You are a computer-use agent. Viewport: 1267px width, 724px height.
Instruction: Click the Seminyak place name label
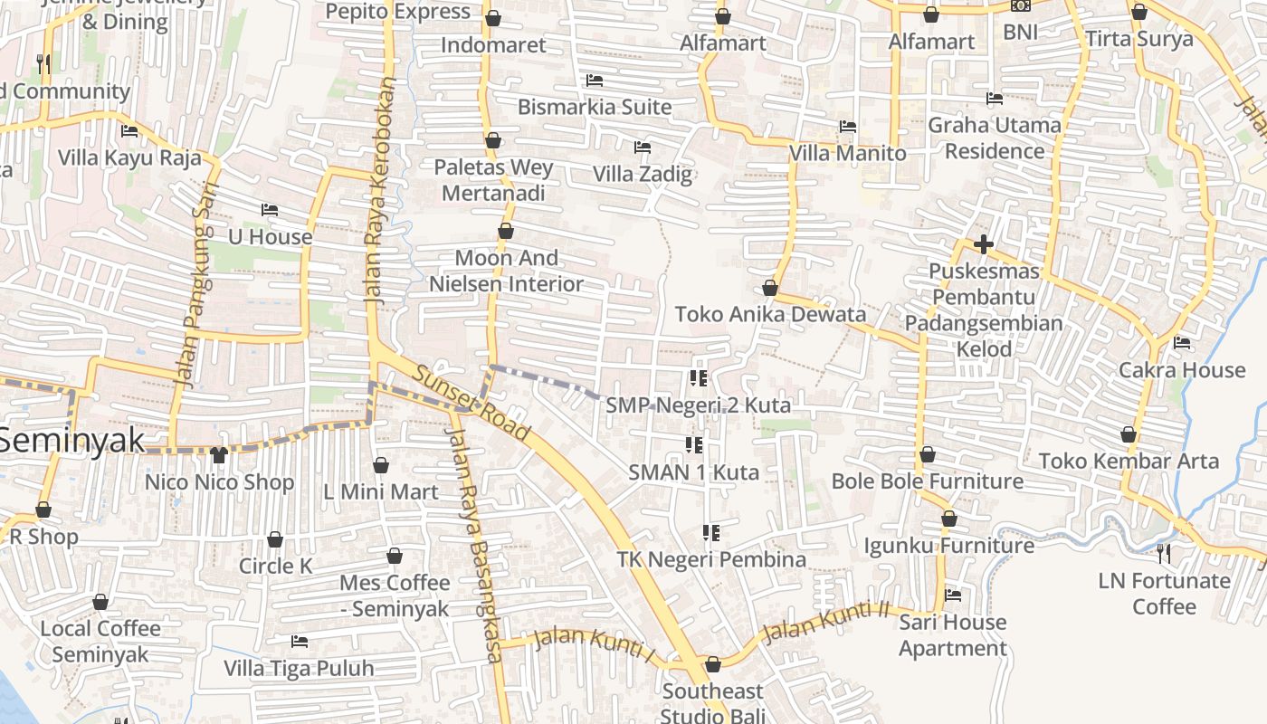click(72, 441)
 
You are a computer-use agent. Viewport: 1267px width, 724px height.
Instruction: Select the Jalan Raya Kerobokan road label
click(380, 190)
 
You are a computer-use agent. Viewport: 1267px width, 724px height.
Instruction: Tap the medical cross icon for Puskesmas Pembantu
click(983, 244)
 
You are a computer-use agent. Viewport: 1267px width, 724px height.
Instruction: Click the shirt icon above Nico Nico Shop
click(219, 454)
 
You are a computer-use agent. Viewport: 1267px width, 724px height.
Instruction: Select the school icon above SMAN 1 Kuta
click(694, 444)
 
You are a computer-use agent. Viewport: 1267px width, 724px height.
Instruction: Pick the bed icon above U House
click(269, 210)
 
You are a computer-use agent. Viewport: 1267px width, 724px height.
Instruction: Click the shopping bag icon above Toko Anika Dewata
click(769, 288)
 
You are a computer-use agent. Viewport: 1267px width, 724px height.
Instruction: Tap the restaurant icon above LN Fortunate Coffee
click(1164, 553)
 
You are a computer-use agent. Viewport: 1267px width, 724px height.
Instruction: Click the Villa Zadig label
click(643, 174)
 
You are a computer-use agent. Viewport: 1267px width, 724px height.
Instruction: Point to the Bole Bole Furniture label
click(927, 481)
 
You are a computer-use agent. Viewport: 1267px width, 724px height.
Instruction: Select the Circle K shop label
click(275, 567)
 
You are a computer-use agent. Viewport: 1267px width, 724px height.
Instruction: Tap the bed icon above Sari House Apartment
click(952, 595)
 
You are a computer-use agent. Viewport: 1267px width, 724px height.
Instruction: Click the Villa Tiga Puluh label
click(299, 669)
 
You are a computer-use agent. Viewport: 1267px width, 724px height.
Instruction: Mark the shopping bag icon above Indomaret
click(493, 18)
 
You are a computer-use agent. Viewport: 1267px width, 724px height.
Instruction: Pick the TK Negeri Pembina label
click(711, 559)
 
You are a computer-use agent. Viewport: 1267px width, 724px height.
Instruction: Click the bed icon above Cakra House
click(1181, 343)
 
